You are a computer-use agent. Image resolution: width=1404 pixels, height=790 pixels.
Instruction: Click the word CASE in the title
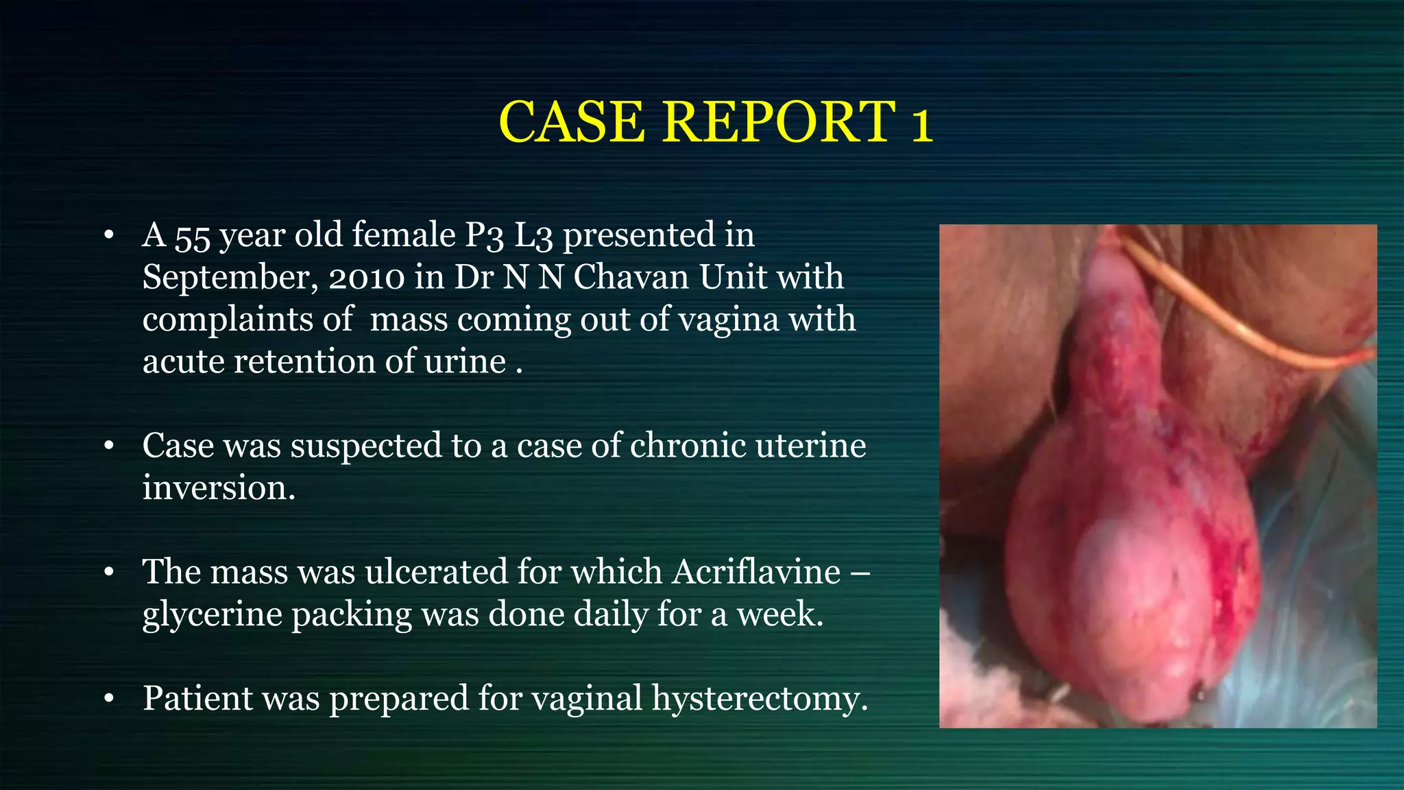click(x=572, y=122)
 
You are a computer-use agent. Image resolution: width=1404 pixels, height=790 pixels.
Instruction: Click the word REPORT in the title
click(x=779, y=122)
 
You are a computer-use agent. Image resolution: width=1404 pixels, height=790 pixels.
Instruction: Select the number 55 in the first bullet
click(x=192, y=237)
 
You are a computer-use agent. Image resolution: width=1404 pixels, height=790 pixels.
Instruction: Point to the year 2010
click(x=367, y=278)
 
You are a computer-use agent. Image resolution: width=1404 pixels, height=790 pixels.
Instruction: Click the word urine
click(x=465, y=361)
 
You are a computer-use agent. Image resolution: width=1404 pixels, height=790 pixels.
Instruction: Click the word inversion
click(x=219, y=488)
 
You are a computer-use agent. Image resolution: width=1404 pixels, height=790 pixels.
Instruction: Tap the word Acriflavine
click(x=755, y=572)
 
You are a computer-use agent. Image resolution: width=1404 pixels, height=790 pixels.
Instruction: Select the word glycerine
click(x=212, y=614)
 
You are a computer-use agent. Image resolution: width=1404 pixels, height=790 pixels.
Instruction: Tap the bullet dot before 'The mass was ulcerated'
click(x=108, y=573)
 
